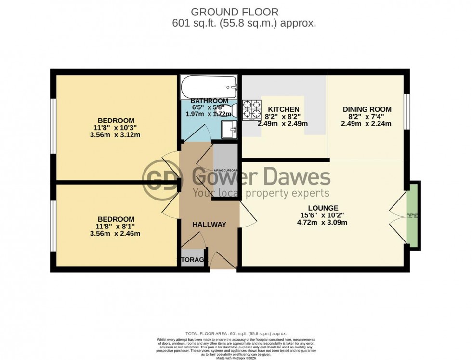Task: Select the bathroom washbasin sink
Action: [x=228, y=129]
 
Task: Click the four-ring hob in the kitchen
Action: [x=250, y=109]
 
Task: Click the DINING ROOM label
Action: [x=367, y=109]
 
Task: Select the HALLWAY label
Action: [x=209, y=225]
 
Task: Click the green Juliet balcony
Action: [x=412, y=215]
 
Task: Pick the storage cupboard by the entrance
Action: [x=193, y=259]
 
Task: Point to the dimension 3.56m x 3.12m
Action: [x=116, y=135]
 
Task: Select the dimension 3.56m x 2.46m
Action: [x=116, y=234]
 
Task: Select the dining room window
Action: [x=407, y=112]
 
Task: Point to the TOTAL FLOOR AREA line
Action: [x=236, y=333]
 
